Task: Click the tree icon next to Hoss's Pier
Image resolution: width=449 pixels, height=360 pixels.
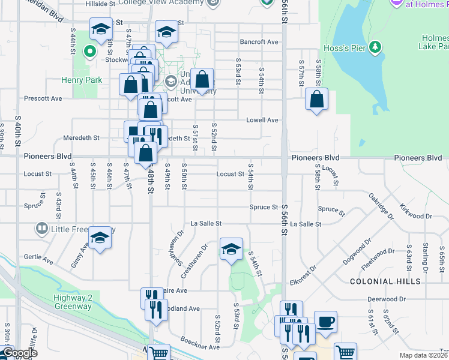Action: tap(376, 47)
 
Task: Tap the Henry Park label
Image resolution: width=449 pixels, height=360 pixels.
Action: tap(78, 79)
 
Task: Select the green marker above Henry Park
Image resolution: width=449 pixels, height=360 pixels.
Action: tap(90, 52)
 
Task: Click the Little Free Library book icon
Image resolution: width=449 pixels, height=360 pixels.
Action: tap(41, 228)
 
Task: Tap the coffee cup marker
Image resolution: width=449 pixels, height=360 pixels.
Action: tap(325, 321)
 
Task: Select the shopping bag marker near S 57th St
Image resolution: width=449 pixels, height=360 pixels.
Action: tap(316, 99)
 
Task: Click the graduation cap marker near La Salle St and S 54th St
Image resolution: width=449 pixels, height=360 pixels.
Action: tap(231, 249)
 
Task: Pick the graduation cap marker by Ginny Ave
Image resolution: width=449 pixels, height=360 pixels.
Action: tap(100, 238)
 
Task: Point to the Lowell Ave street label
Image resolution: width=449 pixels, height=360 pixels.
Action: tap(262, 120)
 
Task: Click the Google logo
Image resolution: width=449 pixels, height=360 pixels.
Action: tap(19, 353)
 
